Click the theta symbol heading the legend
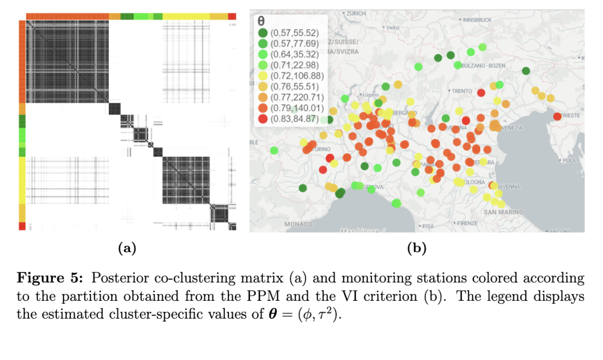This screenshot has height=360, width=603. pos(260,21)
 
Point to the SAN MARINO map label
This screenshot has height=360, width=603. pos(503,212)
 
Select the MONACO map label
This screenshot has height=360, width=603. pos(299,224)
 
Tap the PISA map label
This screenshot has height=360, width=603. pos(428,226)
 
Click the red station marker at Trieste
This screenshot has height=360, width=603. pos(557,116)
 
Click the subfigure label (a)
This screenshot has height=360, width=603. pos(127,249)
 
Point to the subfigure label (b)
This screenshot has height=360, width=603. pos(417,249)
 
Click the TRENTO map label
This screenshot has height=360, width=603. pos(462,91)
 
